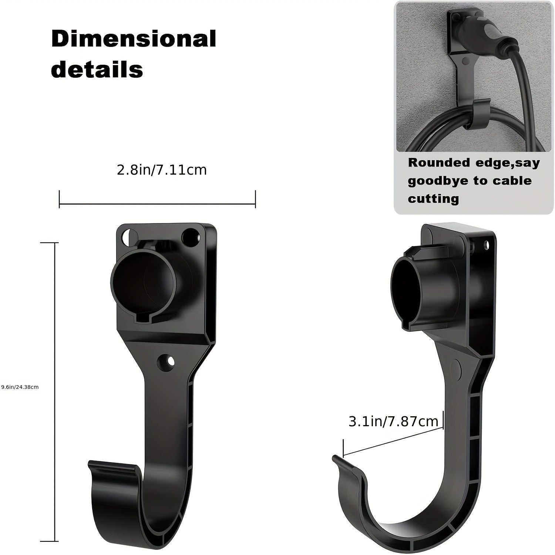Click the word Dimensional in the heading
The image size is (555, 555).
tap(134, 39)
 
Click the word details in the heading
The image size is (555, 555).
tap(97, 69)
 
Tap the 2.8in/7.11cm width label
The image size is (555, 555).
tap(162, 170)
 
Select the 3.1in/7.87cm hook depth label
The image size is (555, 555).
tap(393, 421)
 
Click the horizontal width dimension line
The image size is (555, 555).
tap(157, 203)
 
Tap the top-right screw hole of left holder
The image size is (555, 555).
tap(191, 235)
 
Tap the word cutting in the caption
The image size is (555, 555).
tap(433, 199)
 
